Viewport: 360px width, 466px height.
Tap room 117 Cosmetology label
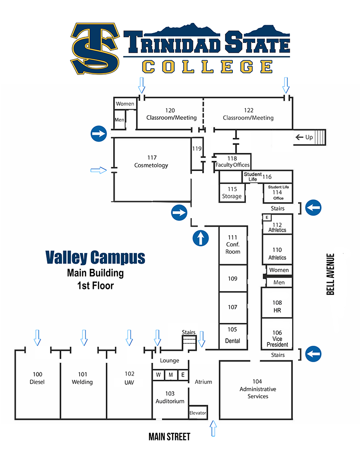[x=151, y=161]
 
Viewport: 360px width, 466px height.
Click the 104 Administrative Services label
[x=258, y=389]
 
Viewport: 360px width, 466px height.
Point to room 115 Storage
[x=231, y=192]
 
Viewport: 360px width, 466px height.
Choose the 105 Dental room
[x=232, y=335]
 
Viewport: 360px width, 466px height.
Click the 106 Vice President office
[x=277, y=338]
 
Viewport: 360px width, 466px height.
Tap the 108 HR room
[x=277, y=306]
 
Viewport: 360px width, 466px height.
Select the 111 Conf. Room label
[x=233, y=245]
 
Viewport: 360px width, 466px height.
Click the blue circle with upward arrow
[x=201, y=238]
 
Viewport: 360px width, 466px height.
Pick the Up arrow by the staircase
[x=305, y=137]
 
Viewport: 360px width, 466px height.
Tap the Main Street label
[x=170, y=437]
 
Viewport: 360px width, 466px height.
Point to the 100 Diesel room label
[x=37, y=378]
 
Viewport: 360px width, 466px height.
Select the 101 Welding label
[x=82, y=378]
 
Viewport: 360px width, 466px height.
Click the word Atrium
[x=204, y=382]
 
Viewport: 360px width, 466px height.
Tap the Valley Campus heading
[x=95, y=257]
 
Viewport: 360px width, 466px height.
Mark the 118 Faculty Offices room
[x=232, y=162]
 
